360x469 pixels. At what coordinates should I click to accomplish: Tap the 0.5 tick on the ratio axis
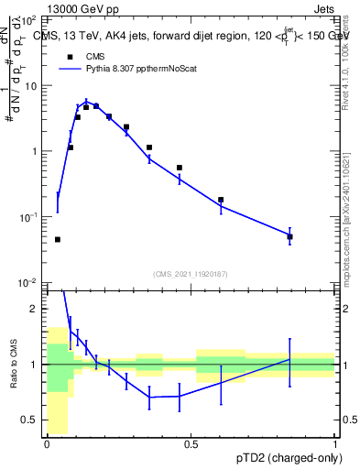tap(33, 420)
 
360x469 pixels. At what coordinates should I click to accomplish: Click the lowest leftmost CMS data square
tap(58, 239)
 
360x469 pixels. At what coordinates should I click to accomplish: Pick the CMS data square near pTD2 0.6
tap(221, 200)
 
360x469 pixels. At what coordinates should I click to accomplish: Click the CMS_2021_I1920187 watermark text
tap(191, 274)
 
